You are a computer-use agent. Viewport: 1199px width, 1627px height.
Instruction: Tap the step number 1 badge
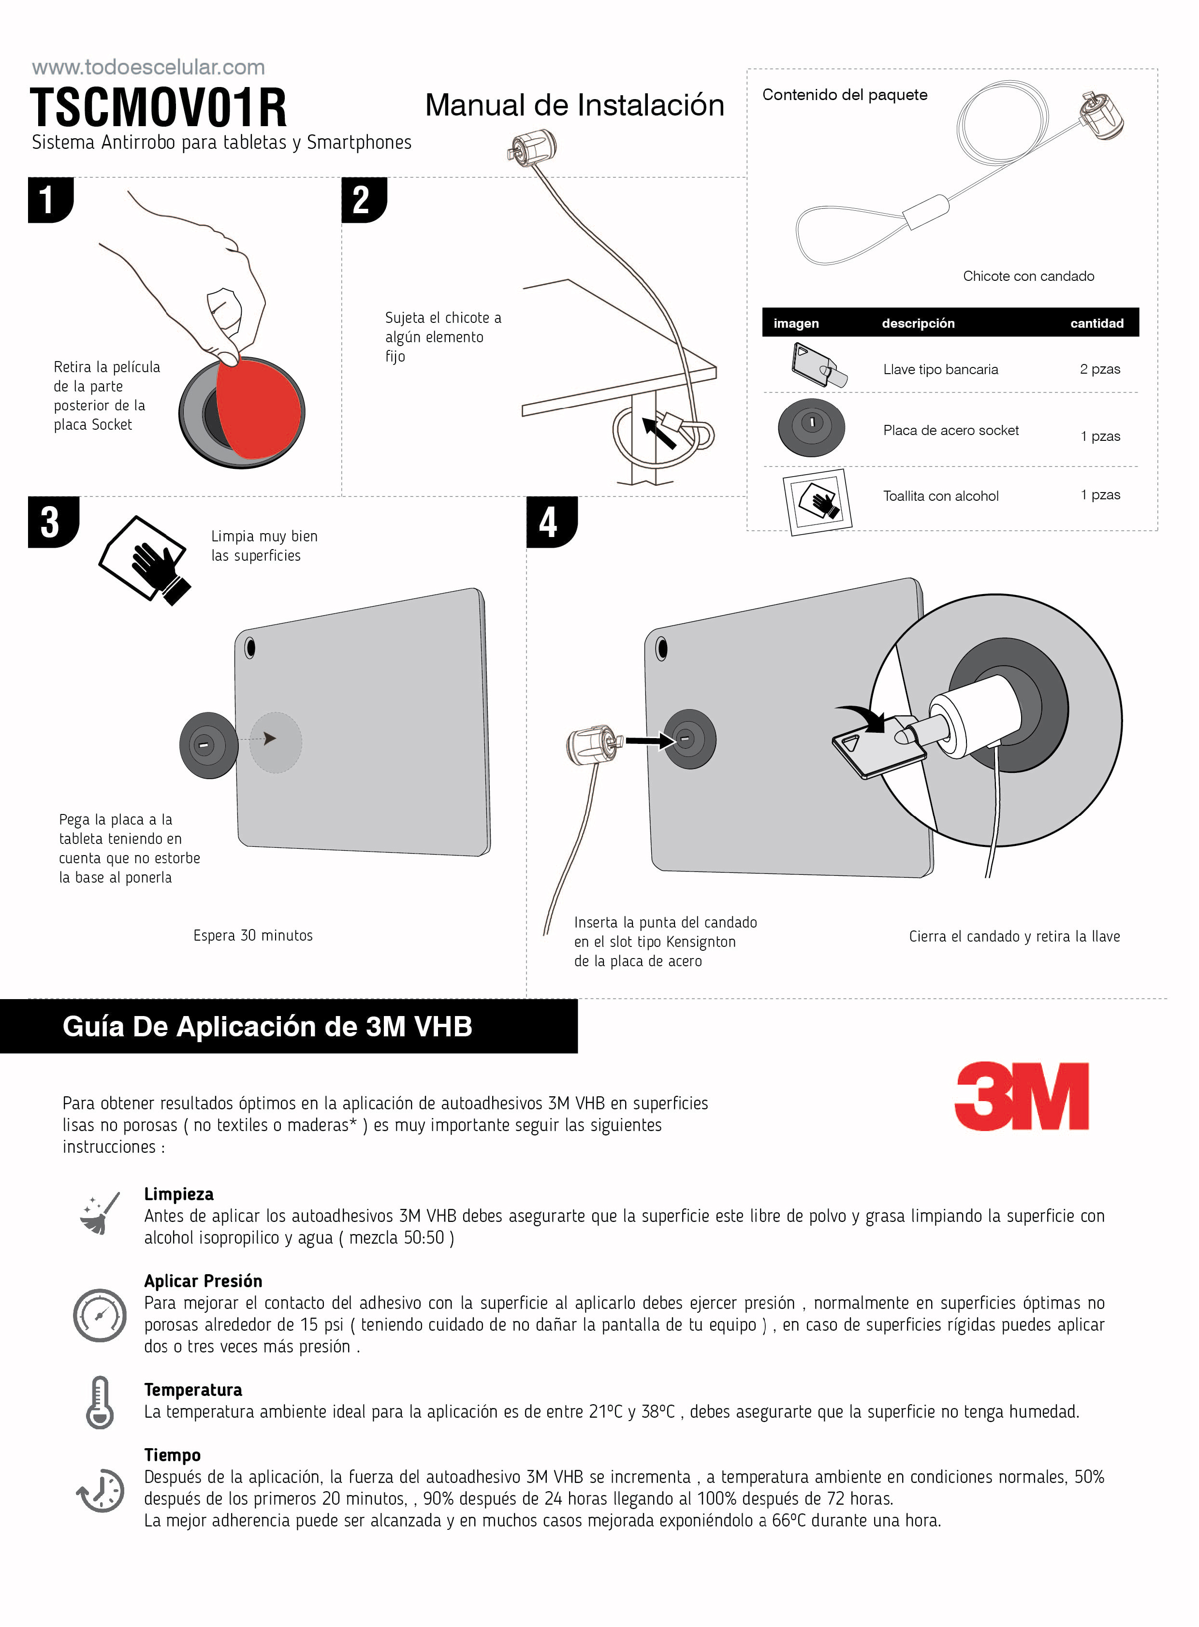(x=49, y=200)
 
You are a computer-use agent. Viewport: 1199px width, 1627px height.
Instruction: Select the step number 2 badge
(x=363, y=200)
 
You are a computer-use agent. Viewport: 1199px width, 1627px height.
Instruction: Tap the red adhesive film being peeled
(x=258, y=408)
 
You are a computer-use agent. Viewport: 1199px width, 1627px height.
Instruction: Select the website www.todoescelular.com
(x=148, y=68)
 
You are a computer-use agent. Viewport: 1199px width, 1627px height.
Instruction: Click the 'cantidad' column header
(x=1096, y=323)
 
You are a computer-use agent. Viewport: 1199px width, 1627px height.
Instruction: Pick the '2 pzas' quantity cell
(x=1099, y=369)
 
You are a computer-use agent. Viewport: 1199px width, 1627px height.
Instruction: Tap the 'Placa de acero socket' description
(x=951, y=430)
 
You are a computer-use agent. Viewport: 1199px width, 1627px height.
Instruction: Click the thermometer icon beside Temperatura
(x=100, y=1402)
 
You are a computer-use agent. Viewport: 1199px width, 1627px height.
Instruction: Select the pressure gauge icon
(x=100, y=1315)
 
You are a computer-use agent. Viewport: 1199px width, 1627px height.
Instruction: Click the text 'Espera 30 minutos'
(x=252, y=935)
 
